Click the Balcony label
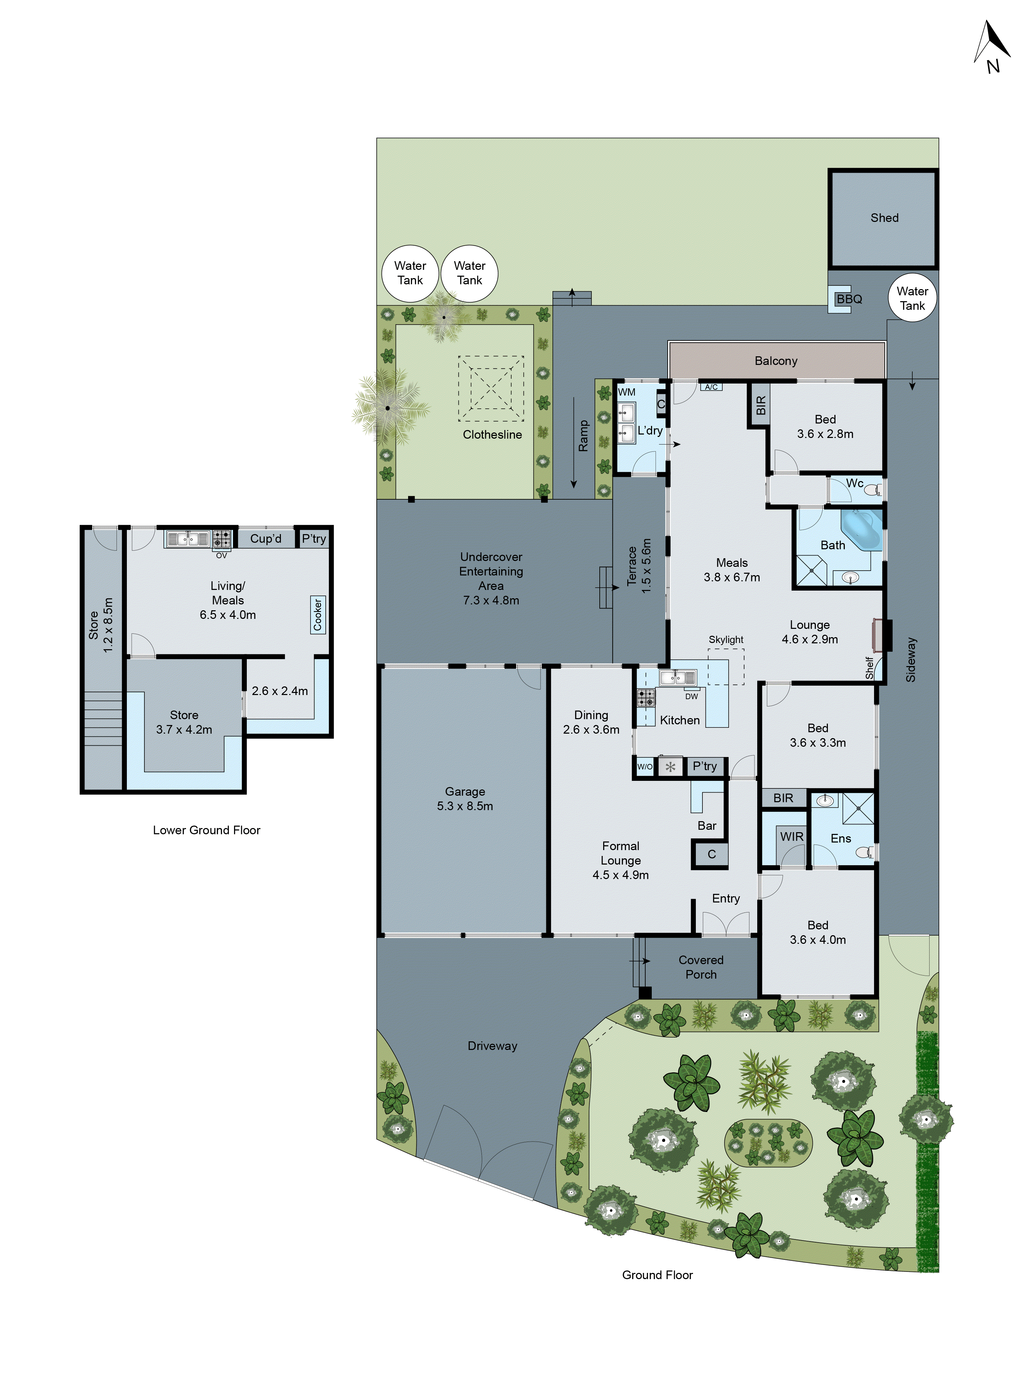pyautogui.click(x=775, y=361)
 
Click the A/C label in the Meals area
pyautogui.click(x=711, y=387)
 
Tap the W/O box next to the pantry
pyautogui.click(x=645, y=766)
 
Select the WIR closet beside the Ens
pyautogui.click(x=792, y=837)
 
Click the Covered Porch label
pyautogui.click(x=701, y=967)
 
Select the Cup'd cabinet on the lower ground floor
pyautogui.click(x=265, y=538)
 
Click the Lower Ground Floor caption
pyautogui.click(x=206, y=830)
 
